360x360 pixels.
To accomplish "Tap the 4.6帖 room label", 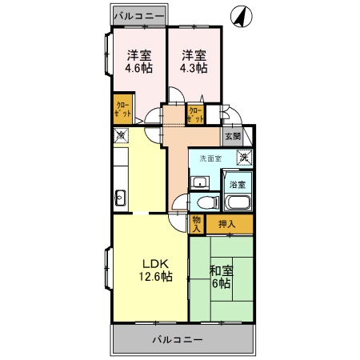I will (x=139, y=62).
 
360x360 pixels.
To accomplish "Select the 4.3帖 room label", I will (x=193, y=62).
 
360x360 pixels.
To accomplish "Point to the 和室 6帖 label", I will (x=221, y=277).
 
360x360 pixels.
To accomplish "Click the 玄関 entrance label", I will (x=232, y=137).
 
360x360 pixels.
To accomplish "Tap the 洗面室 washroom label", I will (x=210, y=158).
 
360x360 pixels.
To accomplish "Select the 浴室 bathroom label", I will (x=238, y=184).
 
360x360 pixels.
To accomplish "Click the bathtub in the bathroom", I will (x=238, y=201).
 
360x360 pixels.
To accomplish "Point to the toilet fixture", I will (x=206, y=202).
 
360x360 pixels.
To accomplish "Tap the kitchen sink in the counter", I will (x=120, y=197).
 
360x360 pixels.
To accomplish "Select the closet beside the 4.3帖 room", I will (x=194, y=114).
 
